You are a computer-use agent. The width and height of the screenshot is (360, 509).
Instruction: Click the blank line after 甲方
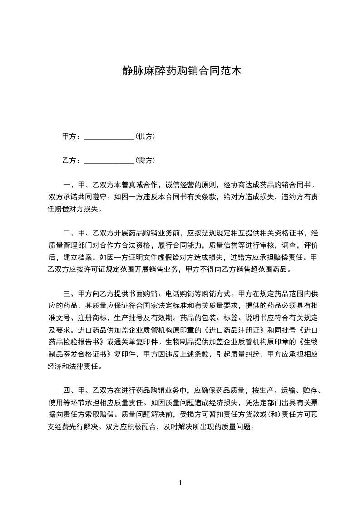pos(109,136)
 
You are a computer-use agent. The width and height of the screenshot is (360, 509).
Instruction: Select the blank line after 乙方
pos(109,161)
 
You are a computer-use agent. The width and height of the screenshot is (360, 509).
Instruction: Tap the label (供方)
pos(146,136)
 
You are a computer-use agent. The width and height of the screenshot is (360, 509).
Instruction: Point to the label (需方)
pos(146,161)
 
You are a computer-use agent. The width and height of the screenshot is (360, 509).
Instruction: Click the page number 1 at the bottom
pos(180,483)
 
